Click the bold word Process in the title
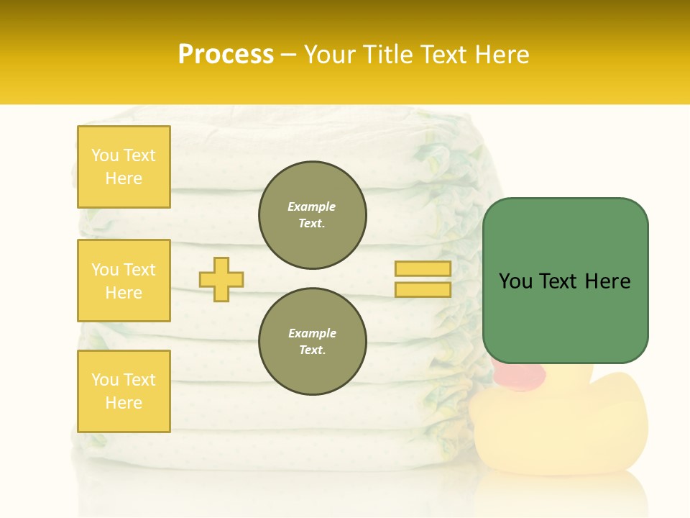[x=226, y=55]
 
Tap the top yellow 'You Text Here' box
[x=124, y=167]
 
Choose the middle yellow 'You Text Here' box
[x=124, y=281]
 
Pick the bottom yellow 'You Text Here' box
[x=124, y=391]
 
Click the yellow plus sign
[x=221, y=279]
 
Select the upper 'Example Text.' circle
[x=313, y=215]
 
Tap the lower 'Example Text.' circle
[x=313, y=342]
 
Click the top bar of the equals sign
[x=423, y=269]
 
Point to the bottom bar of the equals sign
[x=423, y=289]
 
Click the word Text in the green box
[x=563, y=281]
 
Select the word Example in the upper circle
[x=312, y=207]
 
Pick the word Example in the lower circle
[x=312, y=334]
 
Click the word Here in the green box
[x=607, y=281]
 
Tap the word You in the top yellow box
[x=105, y=155]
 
